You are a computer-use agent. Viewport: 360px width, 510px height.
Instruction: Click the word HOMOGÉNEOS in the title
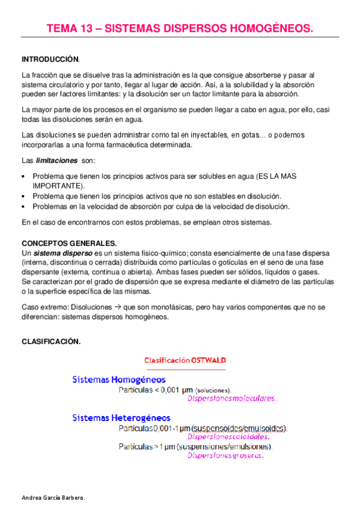(272, 28)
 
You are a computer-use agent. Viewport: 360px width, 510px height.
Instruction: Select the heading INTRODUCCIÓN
(50, 60)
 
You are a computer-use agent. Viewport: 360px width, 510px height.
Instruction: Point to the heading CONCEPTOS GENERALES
(69, 243)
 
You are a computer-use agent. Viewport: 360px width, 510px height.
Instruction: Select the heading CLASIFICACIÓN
(50, 341)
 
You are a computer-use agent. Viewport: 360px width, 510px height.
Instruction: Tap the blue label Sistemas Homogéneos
(119, 379)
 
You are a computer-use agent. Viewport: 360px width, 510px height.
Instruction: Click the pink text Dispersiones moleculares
(231, 398)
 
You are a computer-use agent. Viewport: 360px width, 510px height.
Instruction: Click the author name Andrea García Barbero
(53, 499)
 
